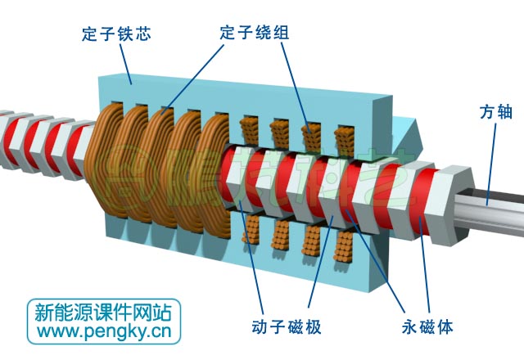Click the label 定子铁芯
[117, 34]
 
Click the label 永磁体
[428, 327]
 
